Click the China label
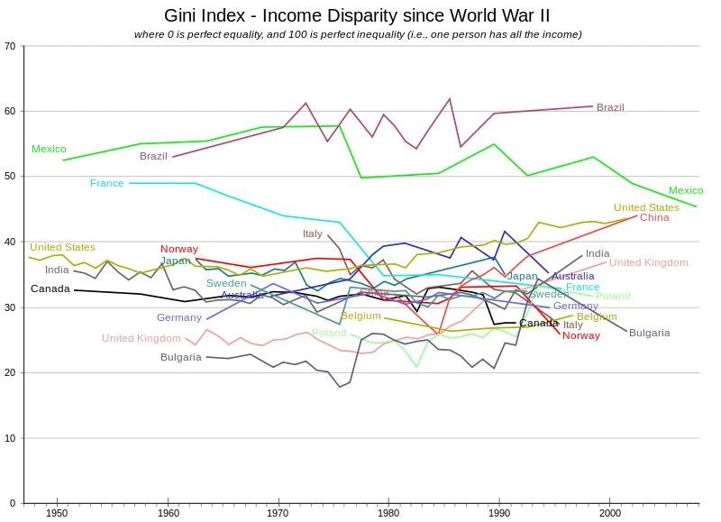(654, 217)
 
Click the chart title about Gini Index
(357, 16)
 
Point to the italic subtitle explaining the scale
(357, 34)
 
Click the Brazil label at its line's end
(610, 107)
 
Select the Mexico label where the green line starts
(49, 149)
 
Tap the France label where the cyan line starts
(106, 183)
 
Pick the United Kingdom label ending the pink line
(648, 262)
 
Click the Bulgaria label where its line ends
(649, 333)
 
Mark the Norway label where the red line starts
(179, 249)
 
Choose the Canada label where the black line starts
(50, 288)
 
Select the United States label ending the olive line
(646, 207)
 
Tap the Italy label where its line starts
(312, 234)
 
